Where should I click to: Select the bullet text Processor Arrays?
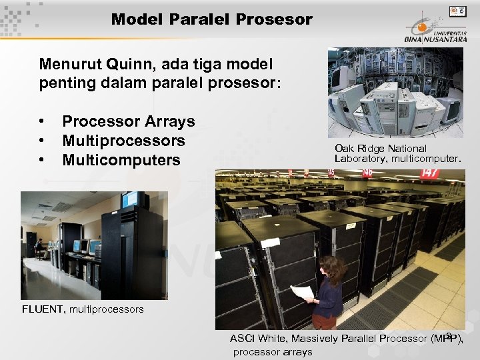[128, 121]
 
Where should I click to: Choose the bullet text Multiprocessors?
[123, 141]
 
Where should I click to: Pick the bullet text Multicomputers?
[121, 160]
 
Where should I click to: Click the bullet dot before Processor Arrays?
[42, 122]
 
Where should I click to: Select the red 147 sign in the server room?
[429, 173]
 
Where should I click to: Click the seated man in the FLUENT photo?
[40, 248]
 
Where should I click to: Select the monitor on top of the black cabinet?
[133, 199]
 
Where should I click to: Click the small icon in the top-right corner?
[458, 11]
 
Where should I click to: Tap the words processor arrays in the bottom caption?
[273, 352]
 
